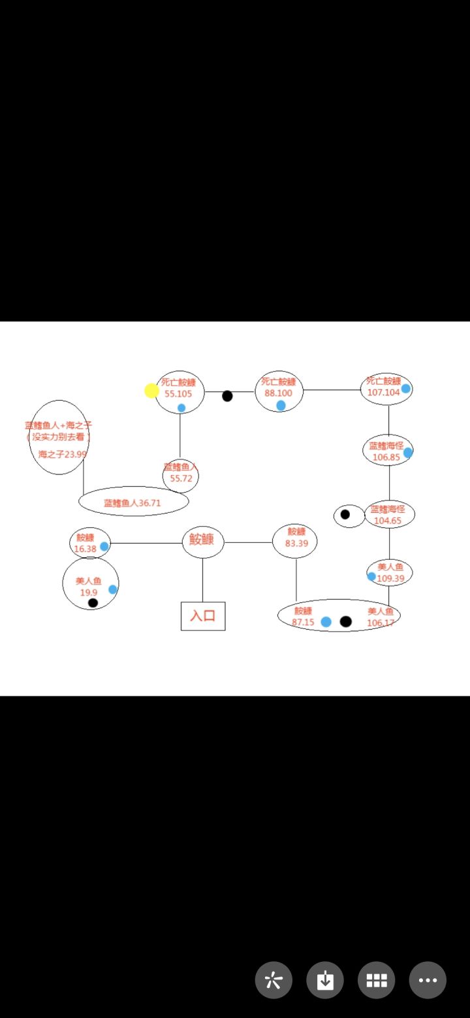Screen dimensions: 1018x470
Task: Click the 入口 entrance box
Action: click(203, 616)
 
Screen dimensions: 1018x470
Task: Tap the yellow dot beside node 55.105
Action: click(152, 390)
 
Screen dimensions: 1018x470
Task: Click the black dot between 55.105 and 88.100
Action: click(227, 396)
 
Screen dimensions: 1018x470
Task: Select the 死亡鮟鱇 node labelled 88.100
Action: click(279, 392)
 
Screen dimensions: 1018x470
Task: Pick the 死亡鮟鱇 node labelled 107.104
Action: click(386, 390)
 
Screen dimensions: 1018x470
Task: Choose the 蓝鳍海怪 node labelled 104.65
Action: click(389, 515)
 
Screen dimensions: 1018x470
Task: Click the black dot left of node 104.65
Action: click(345, 514)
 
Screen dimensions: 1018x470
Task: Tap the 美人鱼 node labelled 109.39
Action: click(390, 572)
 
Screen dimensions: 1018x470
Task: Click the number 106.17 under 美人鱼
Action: click(381, 623)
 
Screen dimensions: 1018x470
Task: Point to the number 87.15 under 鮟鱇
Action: click(303, 623)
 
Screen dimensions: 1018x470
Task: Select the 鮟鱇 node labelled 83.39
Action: click(295, 542)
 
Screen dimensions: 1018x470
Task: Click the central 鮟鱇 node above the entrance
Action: click(203, 542)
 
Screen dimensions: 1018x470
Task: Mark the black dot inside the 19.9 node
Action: click(93, 603)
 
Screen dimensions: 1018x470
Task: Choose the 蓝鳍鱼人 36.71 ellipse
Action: click(133, 502)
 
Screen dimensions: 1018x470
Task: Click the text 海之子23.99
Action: click(62, 454)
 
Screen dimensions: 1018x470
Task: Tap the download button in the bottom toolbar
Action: click(325, 980)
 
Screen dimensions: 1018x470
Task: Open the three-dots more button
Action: click(428, 980)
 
